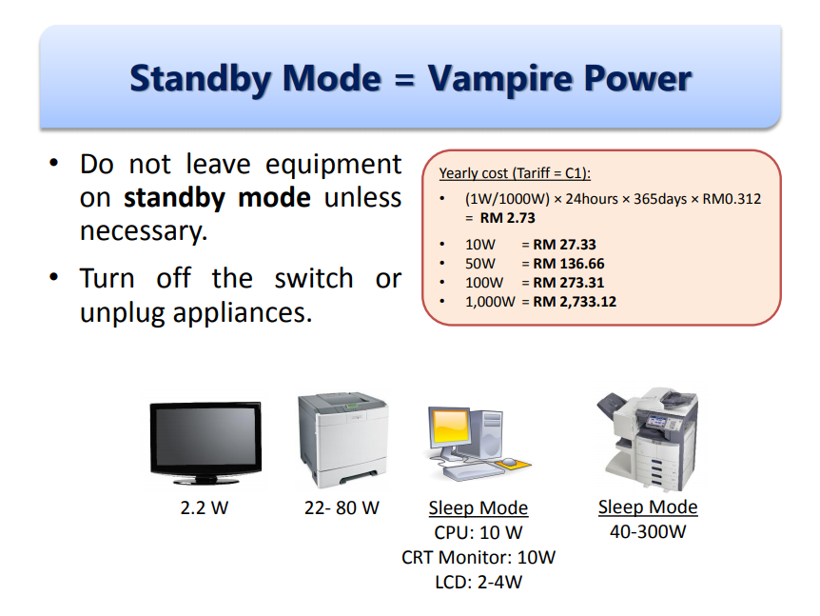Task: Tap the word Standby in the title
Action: coord(201,79)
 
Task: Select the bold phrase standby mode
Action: coord(217,198)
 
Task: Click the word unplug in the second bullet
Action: coord(123,313)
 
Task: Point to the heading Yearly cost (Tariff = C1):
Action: coord(515,173)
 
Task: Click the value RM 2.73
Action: coord(507,218)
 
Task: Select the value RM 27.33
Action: coord(564,245)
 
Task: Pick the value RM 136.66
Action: coord(569,264)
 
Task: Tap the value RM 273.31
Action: coord(569,283)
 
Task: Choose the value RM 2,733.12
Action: coord(575,302)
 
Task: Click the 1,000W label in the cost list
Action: coord(490,302)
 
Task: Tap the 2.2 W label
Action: coord(205,507)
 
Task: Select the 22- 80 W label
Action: coord(342,507)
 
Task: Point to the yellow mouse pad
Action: coord(513,464)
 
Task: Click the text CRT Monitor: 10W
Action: coord(478,557)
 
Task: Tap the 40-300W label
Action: coord(648,531)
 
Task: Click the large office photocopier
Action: coord(648,440)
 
